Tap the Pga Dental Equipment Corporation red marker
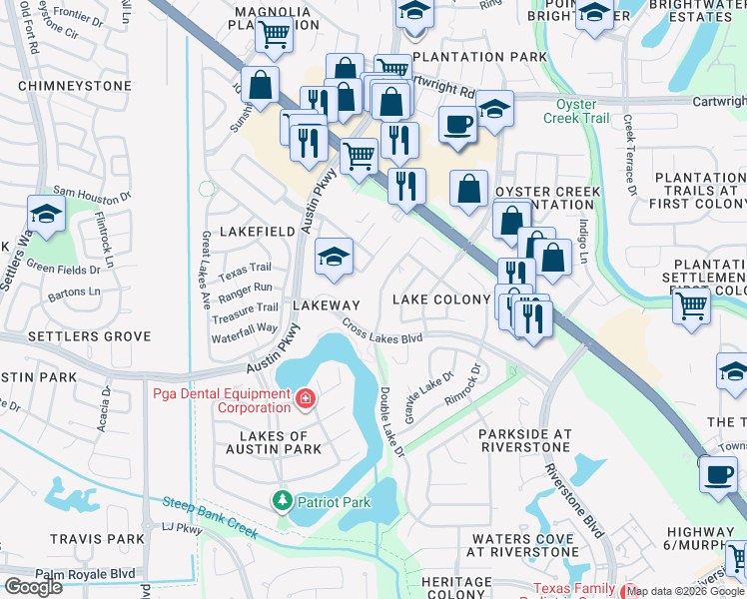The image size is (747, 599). (x=305, y=400)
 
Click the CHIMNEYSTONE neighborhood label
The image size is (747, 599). (x=75, y=87)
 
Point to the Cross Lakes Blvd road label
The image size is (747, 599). (x=382, y=331)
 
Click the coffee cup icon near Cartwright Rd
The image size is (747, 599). (x=458, y=125)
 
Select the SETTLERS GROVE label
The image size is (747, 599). (x=76, y=336)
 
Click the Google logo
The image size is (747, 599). (x=32, y=586)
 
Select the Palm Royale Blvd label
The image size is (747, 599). (x=85, y=574)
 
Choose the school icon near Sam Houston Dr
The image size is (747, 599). (x=45, y=214)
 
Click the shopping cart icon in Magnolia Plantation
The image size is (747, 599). (x=274, y=35)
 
